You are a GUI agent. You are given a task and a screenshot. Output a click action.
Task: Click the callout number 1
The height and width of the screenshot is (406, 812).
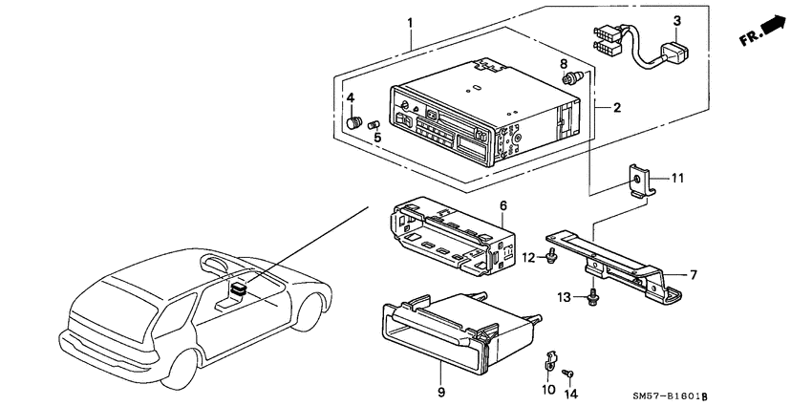tap(410, 23)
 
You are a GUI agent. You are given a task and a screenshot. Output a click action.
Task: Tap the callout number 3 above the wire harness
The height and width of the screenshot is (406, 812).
tap(677, 21)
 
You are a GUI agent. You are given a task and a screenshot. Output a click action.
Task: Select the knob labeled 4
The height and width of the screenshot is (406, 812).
tap(353, 122)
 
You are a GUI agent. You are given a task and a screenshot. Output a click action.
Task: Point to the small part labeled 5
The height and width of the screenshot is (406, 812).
tap(374, 125)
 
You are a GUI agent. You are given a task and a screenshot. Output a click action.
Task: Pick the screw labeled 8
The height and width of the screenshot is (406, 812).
tap(573, 78)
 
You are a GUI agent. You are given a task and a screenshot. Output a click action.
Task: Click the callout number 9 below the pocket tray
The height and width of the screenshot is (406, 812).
tap(440, 392)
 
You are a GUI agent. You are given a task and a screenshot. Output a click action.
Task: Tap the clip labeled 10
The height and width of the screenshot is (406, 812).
tap(550, 361)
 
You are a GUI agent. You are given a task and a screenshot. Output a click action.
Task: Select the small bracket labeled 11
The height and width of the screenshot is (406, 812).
tap(641, 181)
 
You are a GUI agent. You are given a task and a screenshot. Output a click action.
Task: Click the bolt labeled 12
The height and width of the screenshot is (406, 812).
tap(552, 254)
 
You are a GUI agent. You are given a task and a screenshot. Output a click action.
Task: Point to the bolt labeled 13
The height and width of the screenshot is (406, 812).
tap(592, 298)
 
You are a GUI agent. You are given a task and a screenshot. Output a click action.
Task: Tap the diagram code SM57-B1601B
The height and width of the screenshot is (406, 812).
tap(670, 396)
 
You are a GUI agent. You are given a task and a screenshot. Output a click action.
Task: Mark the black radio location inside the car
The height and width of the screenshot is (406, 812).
tap(239, 288)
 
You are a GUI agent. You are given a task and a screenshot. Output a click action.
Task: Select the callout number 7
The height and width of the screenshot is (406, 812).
tap(694, 274)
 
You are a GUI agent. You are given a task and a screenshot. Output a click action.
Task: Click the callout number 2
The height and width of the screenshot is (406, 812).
tap(616, 108)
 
